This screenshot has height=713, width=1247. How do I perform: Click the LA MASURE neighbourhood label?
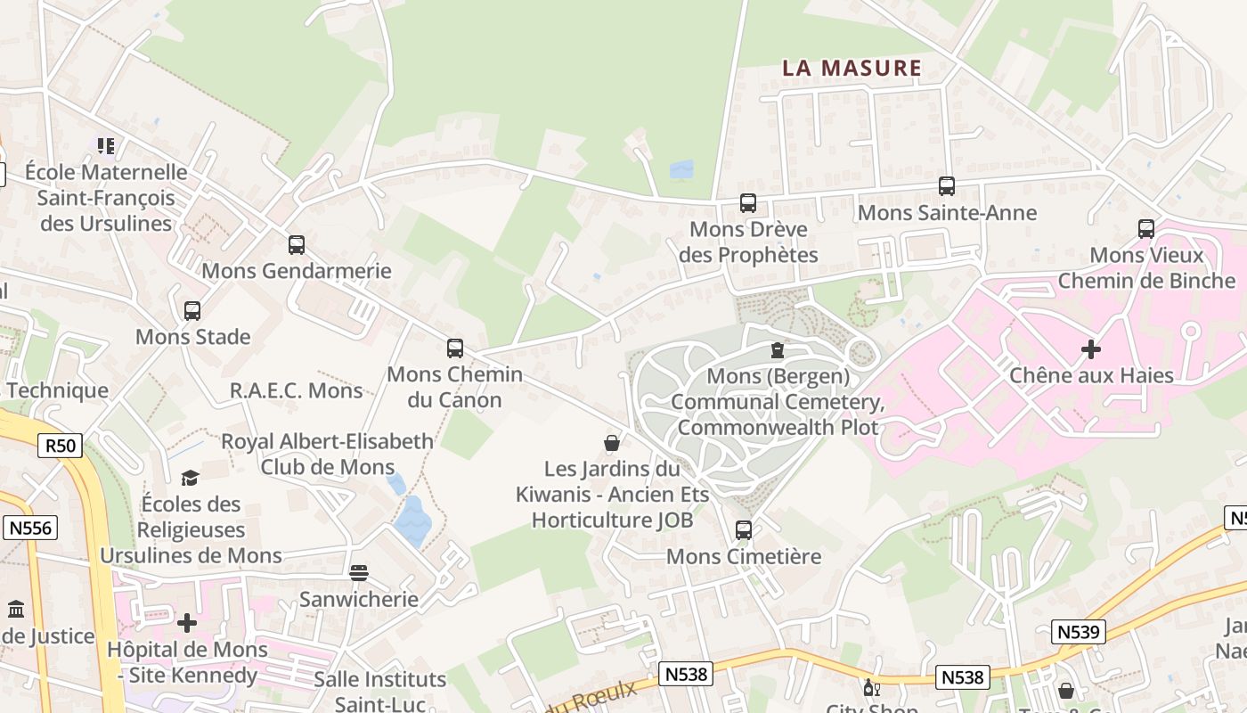click(x=852, y=68)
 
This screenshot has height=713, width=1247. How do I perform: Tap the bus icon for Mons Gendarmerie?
click(x=297, y=245)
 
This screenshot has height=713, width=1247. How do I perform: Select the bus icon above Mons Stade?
click(x=192, y=311)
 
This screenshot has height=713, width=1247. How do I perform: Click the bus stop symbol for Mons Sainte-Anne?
click(x=947, y=186)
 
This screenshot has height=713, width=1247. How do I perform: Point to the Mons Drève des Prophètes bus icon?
click(x=748, y=203)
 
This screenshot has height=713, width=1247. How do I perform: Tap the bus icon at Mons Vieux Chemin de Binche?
click(x=1146, y=229)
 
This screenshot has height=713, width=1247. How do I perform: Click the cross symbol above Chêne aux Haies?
click(x=1091, y=349)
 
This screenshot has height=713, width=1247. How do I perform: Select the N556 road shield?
click(x=30, y=528)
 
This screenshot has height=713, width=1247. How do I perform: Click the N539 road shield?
click(x=1079, y=632)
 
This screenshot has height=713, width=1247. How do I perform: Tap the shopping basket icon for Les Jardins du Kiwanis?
click(x=612, y=443)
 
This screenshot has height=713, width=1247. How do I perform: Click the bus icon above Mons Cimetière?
click(x=744, y=530)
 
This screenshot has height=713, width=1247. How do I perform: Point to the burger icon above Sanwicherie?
click(x=359, y=572)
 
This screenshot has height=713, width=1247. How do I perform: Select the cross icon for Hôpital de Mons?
click(x=187, y=623)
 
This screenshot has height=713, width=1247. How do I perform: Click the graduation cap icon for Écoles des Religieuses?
click(x=190, y=479)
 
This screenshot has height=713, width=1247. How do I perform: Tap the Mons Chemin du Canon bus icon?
click(x=455, y=348)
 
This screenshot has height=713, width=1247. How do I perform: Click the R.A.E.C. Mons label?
click(x=297, y=390)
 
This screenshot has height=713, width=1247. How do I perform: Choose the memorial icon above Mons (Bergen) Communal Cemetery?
click(x=778, y=350)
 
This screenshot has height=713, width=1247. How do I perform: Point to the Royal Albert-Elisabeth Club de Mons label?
click(x=328, y=454)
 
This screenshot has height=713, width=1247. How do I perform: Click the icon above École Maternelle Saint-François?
click(x=106, y=145)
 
